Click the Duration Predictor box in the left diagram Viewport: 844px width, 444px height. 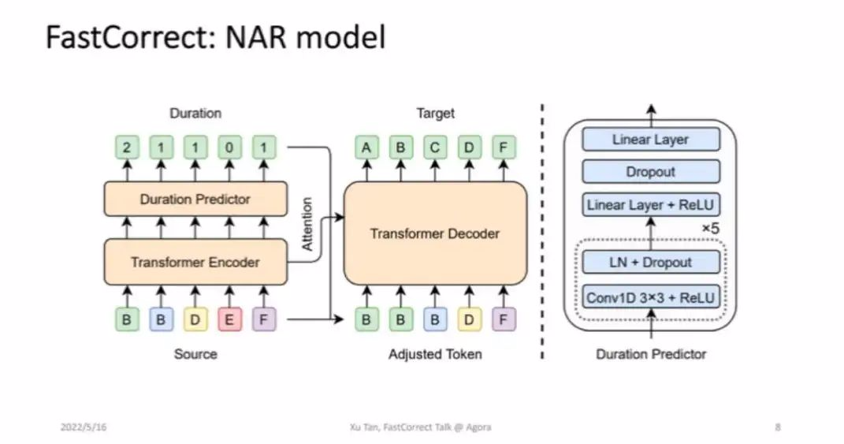click(x=195, y=199)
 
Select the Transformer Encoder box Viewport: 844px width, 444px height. click(x=195, y=262)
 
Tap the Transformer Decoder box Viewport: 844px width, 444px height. click(x=435, y=233)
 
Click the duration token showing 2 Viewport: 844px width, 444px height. click(x=127, y=147)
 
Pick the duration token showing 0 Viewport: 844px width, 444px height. click(x=229, y=147)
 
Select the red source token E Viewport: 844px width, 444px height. click(x=229, y=319)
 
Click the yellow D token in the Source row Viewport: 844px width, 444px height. click(x=195, y=319)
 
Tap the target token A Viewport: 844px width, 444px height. click(x=366, y=147)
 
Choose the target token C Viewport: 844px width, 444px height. click(x=435, y=147)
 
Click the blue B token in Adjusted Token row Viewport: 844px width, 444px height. click(x=435, y=319)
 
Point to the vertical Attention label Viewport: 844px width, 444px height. click(x=307, y=224)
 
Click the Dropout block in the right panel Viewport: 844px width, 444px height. click(x=651, y=172)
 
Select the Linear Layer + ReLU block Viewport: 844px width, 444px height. click(x=651, y=205)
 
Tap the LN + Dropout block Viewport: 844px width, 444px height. click(x=651, y=263)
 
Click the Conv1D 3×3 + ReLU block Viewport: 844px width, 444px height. click(x=651, y=297)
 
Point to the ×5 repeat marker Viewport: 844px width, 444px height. click(x=711, y=229)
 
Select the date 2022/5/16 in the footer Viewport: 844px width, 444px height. click(x=84, y=427)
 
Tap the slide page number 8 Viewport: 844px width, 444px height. click(x=778, y=427)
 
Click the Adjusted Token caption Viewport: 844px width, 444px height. click(x=435, y=354)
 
